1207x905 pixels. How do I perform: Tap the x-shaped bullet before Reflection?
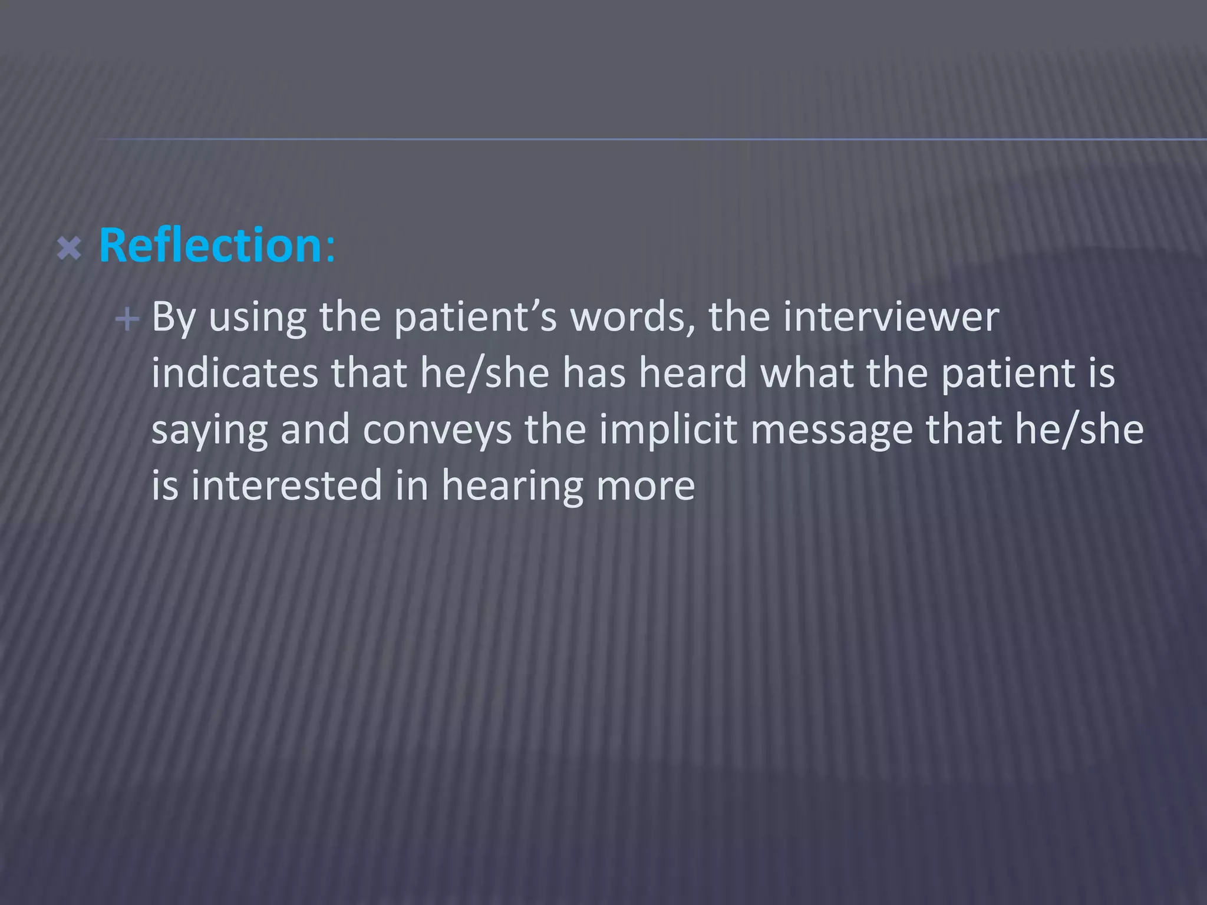tap(70, 249)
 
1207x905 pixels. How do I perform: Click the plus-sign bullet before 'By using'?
tap(127, 320)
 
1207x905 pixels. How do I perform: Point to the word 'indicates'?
tap(235, 373)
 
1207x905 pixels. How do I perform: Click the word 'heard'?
tap(693, 373)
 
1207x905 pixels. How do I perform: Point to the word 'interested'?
tap(286, 485)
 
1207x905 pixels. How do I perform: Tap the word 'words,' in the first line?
tap(633, 318)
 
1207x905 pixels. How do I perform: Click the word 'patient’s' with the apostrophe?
tap(475, 318)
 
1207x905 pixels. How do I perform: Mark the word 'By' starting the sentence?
tap(173, 318)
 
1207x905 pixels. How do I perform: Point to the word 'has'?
tap(594, 373)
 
